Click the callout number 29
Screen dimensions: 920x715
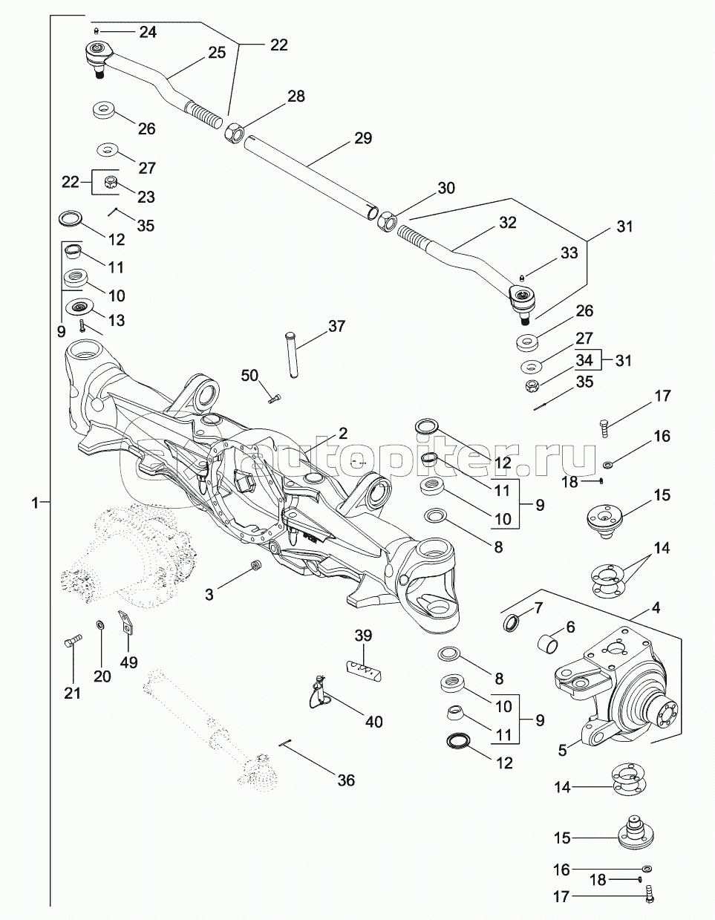[363, 138]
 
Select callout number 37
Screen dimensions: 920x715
[336, 326]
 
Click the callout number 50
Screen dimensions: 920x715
[249, 376]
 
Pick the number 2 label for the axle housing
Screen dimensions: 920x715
[342, 433]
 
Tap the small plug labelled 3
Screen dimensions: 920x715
[254, 566]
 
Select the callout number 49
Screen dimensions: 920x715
[128, 662]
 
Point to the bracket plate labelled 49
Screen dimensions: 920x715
[125, 623]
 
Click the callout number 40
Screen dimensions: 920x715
[374, 720]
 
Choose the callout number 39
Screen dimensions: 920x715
[363, 636]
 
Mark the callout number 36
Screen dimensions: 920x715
[346, 780]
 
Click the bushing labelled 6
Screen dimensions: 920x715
[549, 641]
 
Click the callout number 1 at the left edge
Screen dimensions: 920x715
[34, 503]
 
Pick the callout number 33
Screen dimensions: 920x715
[569, 252]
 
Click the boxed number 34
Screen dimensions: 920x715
[585, 361]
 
